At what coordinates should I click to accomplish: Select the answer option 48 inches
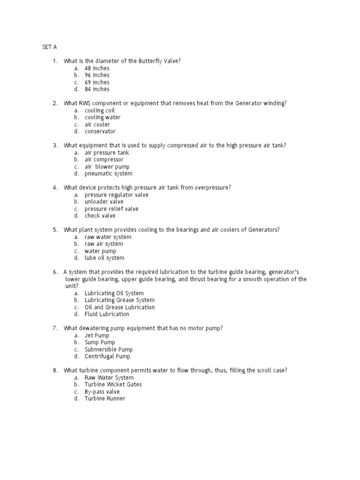pos(97,68)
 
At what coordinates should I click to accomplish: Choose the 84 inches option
pos(97,90)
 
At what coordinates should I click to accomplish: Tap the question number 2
pos(55,104)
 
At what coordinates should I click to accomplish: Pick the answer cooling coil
pos(99,111)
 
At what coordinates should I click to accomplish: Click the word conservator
pos(100,132)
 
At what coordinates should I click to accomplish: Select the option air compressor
pos(104,160)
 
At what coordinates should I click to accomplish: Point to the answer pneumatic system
pos(108,174)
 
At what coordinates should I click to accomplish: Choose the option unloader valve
pos(104,202)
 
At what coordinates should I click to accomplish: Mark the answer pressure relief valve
pos(111,209)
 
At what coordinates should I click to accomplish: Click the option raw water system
pos(108,237)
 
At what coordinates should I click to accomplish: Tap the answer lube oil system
pos(104,258)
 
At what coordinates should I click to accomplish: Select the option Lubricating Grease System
pos(119,300)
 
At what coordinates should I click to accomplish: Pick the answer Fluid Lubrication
pos(107,315)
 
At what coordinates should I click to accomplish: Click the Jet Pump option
pos(97,336)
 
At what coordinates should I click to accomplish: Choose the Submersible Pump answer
pos(108,350)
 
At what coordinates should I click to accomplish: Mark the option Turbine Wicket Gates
pos(113,385)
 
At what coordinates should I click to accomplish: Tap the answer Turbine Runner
pos(105,399)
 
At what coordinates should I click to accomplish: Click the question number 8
pos(55,371)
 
